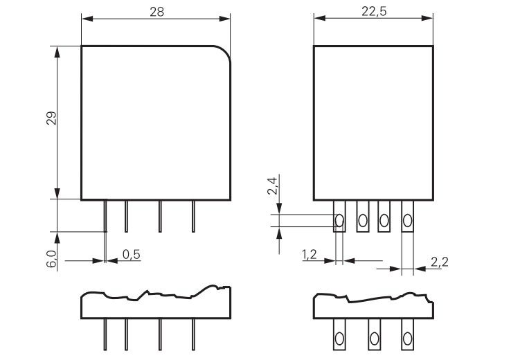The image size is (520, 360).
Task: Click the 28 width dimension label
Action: pos(157,12)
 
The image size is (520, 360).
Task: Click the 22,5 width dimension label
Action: pos(374,12)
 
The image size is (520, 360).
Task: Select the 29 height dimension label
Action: pos(51,118)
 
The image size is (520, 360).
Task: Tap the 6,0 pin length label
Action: pos(51,259)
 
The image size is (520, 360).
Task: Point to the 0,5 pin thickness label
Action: pos(132,255)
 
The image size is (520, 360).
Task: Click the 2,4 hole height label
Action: pos(272,186)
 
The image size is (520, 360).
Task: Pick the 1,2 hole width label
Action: pos(309,255)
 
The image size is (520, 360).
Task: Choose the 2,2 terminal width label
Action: pos(440,262)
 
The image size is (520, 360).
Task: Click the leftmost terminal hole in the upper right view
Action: pos(339,220)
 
